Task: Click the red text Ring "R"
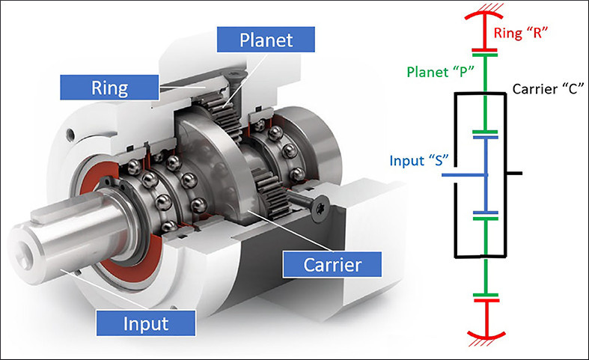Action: pyautogui.click(x=521, y=32)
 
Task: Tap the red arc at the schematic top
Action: pyautogui.click(x=486, y=15)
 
